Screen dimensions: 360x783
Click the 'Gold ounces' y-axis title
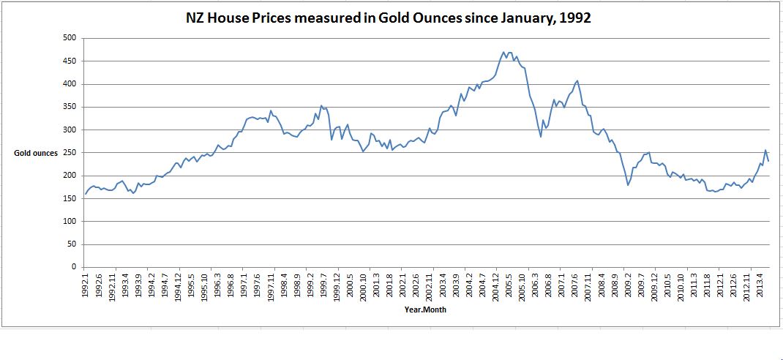[x=35, y=153]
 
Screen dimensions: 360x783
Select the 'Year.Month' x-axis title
[x=425, y=310]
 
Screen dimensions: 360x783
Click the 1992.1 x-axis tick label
[x=86, y=284]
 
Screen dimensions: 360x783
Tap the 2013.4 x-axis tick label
[x=763, y=284]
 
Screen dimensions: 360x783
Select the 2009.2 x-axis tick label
[x=628, y=284]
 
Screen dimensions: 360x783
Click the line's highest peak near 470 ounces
[x=504, y=52]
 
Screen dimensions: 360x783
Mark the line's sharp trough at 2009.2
[x=628, y=185]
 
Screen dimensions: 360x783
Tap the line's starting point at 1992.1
[x=85, y=195]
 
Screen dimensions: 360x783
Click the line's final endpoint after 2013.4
[x=768, y=161]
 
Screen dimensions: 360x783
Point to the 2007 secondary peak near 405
[x=577, y=80]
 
